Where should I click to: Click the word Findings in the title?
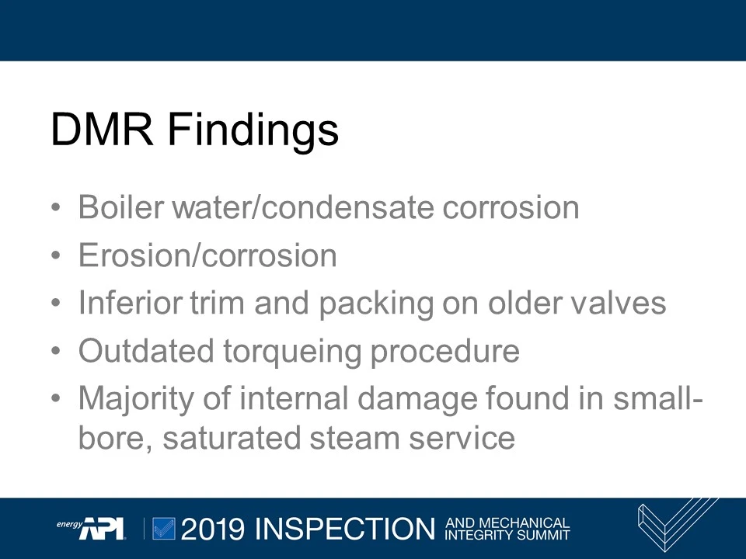[253, 130]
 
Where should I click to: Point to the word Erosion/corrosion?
[207, 255]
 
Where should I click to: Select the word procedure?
[444, 352]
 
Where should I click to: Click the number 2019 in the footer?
[212, 529]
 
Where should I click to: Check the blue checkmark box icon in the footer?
[163, 528]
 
